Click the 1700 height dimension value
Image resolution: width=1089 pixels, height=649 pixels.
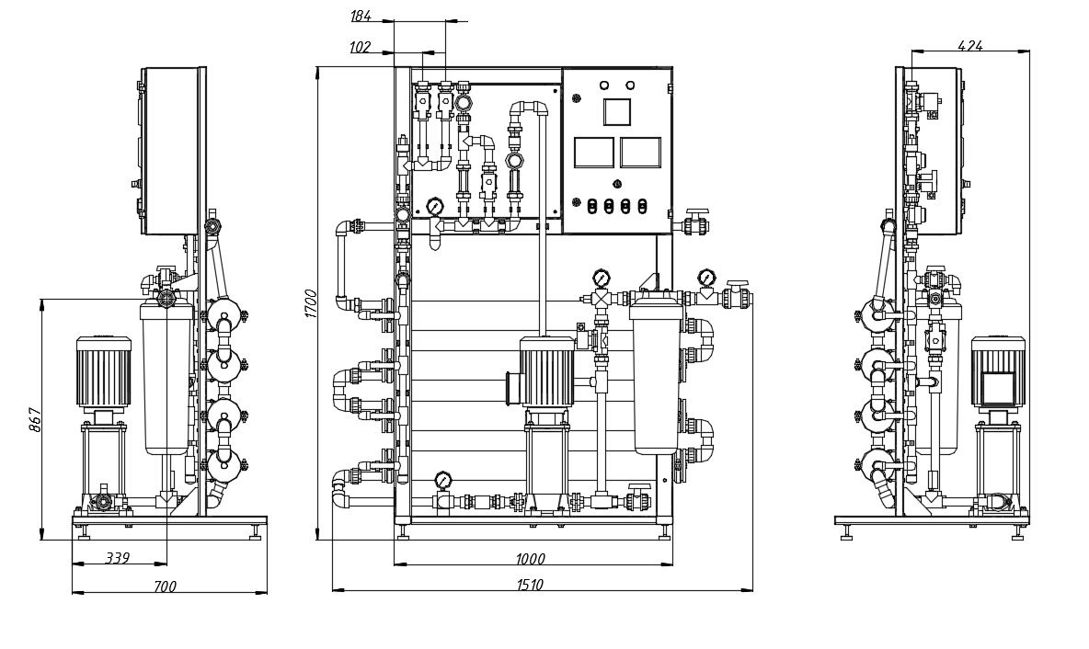point(311,303)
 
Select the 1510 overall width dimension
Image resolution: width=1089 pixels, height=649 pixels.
point(530,585)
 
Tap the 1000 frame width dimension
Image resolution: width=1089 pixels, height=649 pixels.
point(530,559)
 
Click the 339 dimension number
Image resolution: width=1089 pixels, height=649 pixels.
point(118,558)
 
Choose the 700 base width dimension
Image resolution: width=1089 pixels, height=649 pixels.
point(165,586)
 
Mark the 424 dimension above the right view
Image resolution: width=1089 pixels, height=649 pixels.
point(970,45)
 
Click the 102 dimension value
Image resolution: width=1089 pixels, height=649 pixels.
point(361,48)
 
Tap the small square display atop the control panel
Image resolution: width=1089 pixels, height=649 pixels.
point(616,112)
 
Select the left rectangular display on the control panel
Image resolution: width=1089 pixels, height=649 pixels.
point(592,153)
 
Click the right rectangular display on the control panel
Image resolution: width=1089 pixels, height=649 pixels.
point(640,153)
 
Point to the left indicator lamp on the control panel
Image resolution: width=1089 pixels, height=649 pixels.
point(604,85)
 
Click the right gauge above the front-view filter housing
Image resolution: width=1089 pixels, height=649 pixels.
point(705,276)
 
